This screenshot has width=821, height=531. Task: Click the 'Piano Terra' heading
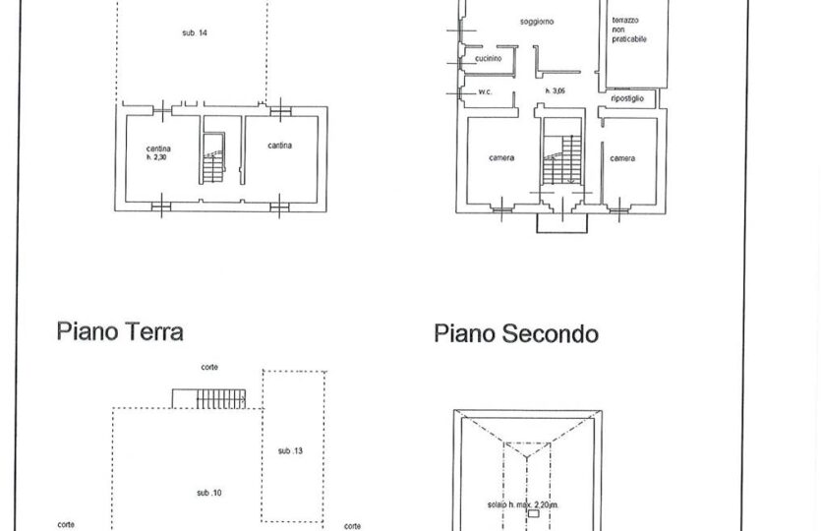pyautogui.click(x=120, y=332)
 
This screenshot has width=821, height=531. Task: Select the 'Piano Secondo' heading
pyautogui.click(x=516, y=334)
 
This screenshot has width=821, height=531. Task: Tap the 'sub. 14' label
pyautogui.click(x=195, y=33)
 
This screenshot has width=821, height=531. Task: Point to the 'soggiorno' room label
pyautogui.click(x=537, y=22)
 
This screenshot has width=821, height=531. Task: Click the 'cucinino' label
pyautogui.click(x=489, y=59)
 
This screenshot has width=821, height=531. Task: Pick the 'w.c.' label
pyautogui.click(x=486, y=92)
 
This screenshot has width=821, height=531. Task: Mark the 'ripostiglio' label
pyautogui.click(x=627, y=98)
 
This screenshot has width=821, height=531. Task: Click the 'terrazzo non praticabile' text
pyautogui.click(x=629, y=29)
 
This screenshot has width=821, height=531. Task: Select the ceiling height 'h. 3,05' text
pyautogui.click(x=555, y=91)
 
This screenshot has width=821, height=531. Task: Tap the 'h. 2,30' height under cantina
pyautogui.click(x=156, y=157)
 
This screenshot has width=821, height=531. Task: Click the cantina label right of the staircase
pyautogui.click(x=279, y=146)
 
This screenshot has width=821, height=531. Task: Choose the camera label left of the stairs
pyautogui.click(x=501, y=157)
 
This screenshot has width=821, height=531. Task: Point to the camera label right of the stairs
pyautogui.click(x=622, y=158)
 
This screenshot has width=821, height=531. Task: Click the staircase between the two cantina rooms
pyautogui.click(x=213, y=158)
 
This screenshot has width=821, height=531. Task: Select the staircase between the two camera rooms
pyautogui.click(x=561, y=158)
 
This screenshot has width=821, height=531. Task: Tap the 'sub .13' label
pyautogui.click(x=291, y=451)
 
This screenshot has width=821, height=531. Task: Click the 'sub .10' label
pyautogui.click(x=209, y=493)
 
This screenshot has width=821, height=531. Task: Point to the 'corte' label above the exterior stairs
pyautogui.click(x=209, y=367)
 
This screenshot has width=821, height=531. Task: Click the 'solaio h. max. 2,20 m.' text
pyautogui.click(x=523, y=504)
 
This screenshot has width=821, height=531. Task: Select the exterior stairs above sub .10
pyautogui.click(x=209, y=398)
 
